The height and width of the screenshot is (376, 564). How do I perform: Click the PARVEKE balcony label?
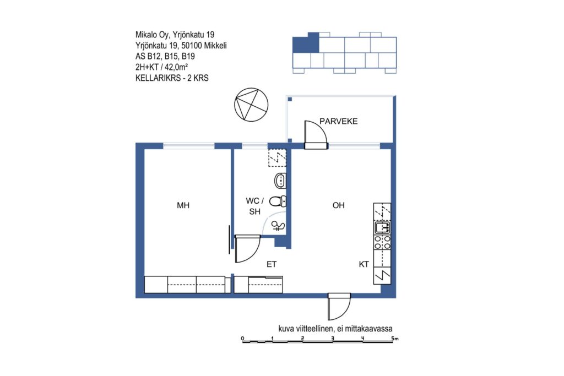pos(339,121)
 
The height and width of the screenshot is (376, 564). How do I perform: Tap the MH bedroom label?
pos(183,205)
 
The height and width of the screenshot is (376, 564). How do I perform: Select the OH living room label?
pos(339,205)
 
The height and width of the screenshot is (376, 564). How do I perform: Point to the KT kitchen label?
pos(364,264)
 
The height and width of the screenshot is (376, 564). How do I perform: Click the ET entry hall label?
pos(272,264)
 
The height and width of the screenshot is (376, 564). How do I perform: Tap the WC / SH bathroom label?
pos(254,206)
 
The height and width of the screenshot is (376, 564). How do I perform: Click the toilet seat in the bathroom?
pos(278,201)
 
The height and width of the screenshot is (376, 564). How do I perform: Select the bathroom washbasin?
pos(280,181)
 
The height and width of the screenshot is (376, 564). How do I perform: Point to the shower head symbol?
pos(278,226)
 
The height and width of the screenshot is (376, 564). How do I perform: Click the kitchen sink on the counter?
pos(382,227)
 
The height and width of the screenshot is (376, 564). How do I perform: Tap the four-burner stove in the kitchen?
pos(382,242)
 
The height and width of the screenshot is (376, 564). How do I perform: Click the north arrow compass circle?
pos(251,105)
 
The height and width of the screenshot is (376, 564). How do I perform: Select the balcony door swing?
pos(316,134)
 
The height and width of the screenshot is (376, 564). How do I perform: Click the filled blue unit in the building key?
pos(306,43)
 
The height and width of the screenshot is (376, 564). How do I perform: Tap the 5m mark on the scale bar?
pos(394,338)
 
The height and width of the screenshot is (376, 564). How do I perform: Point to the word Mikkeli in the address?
pos(215,45)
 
